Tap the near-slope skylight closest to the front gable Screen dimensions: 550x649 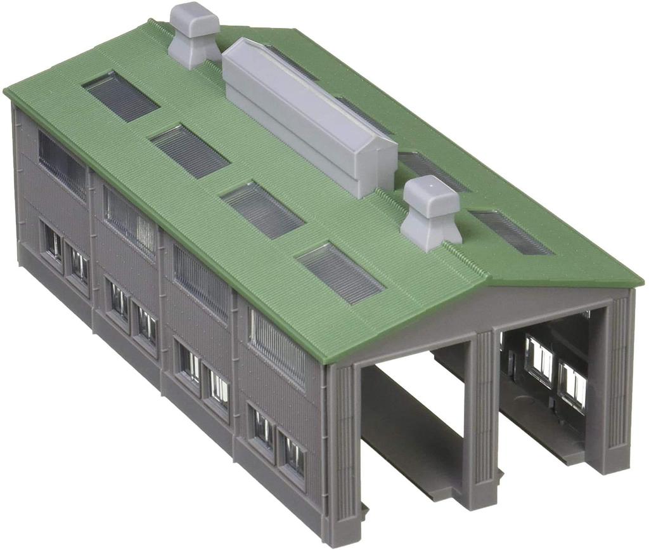[340, 273]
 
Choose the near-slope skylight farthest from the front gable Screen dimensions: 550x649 [120, 96]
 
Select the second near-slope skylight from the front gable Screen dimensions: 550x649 [262, 210]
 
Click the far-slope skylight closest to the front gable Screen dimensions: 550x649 [511, 232]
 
